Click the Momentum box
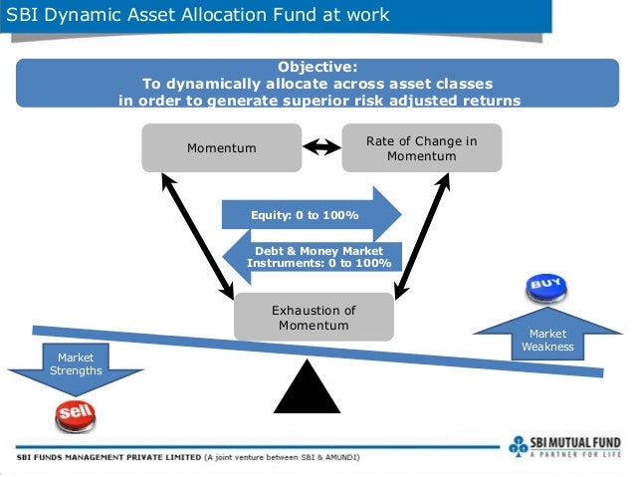click(221, 147)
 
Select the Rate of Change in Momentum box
click(421, 147)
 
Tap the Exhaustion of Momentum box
click(314, 317)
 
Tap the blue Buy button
click(546, 288)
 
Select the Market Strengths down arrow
click(76, 365)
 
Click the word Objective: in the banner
click(317, 67)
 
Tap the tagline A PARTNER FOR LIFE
click(576, 453)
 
